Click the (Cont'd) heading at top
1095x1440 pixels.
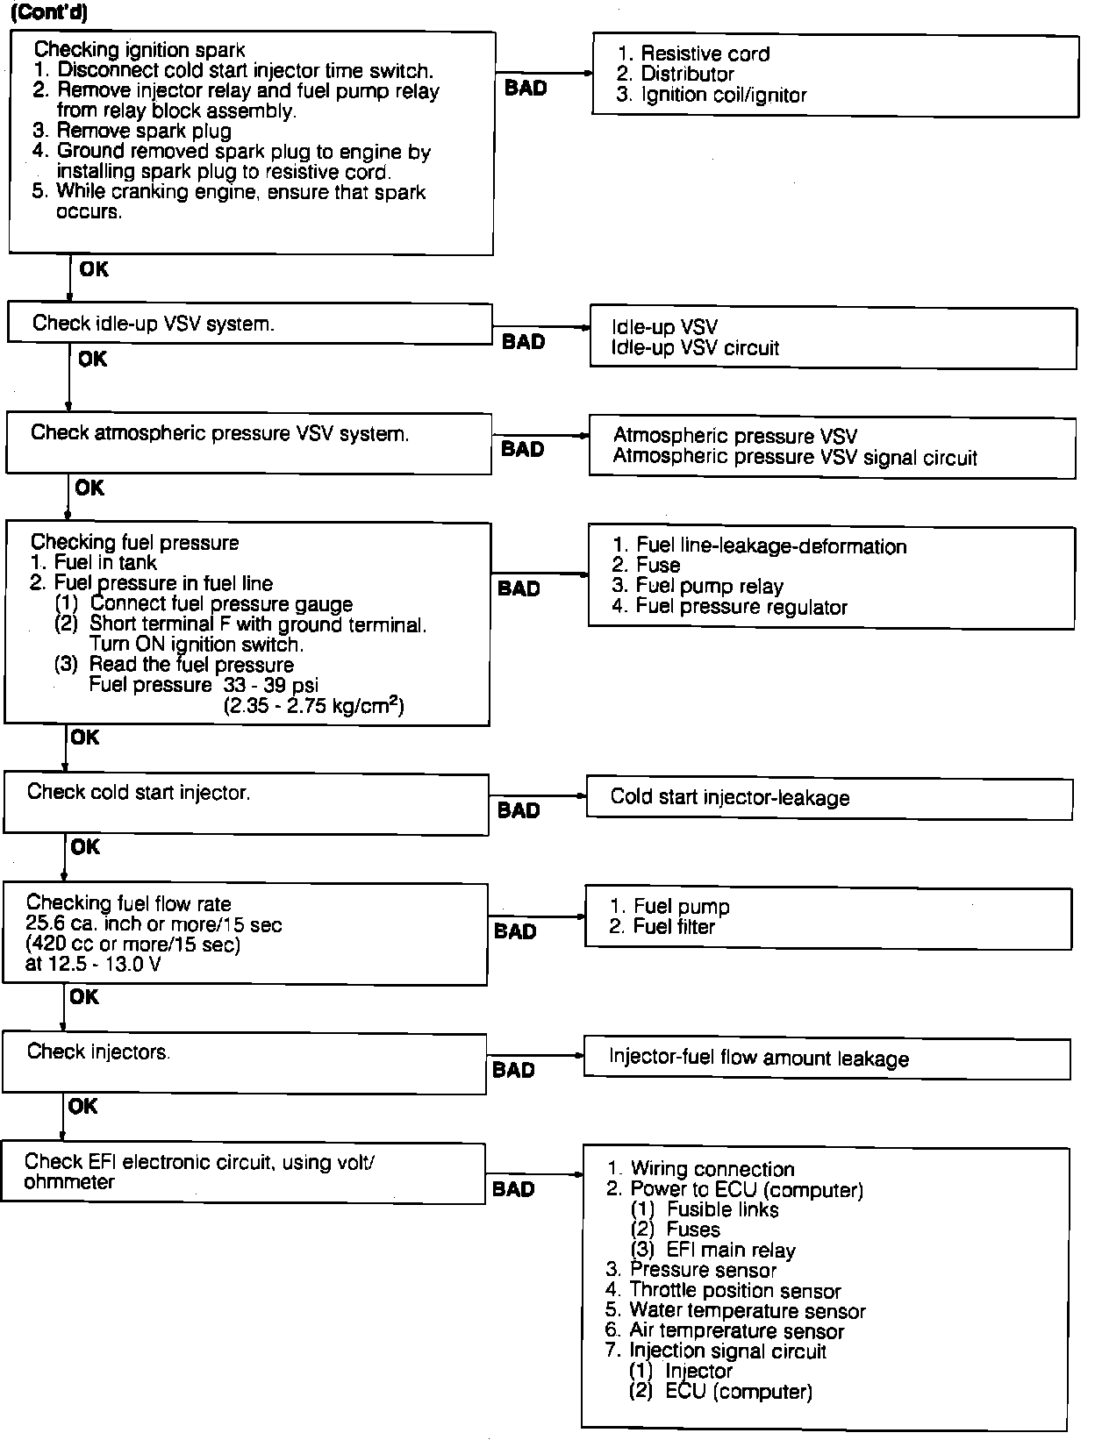pyautogui.click(x=49, y=13)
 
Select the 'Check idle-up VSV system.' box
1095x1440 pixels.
pyautogui.click(x=249, y=324)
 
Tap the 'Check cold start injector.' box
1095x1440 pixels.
pyautogui.click(x=246, y=803)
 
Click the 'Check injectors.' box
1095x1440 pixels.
pyautogui.click(x=244, y=1063)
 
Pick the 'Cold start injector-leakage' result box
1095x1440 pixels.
pyautogui.click(x=828, y=798)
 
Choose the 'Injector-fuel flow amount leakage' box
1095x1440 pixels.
pyautogui.click(x=826, y=1059)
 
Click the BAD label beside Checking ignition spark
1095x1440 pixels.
pyautogui.click(x=526, y=88)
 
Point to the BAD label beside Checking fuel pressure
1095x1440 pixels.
pyautogui.click(x=519, y=588)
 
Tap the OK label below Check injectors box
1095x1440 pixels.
pyautogui.click(x=83, y=1107)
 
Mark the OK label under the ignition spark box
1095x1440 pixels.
pyautogui.click(x=94, y=269)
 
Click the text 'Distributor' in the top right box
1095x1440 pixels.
pyautogui.click(x=687, y=75)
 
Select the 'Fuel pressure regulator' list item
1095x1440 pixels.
pyautogui.click(x=741, y=607)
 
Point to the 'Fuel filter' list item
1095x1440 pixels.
pyautogui.click(x=674, y=927)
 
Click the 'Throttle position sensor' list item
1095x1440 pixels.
pyautogui.click(x=734, y=1291)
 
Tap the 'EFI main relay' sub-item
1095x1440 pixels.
pyautogui.click(x=730, y=1251)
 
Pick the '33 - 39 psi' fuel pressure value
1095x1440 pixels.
pyautogui.click(x=271, y=685)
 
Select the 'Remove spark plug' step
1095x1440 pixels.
pyautogui.click(x=144, y=132)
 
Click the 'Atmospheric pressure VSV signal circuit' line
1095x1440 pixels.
pyautogui.click(x=795, y=457)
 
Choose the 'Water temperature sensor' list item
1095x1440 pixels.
pyautogui.click(x=747, y=1311)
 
